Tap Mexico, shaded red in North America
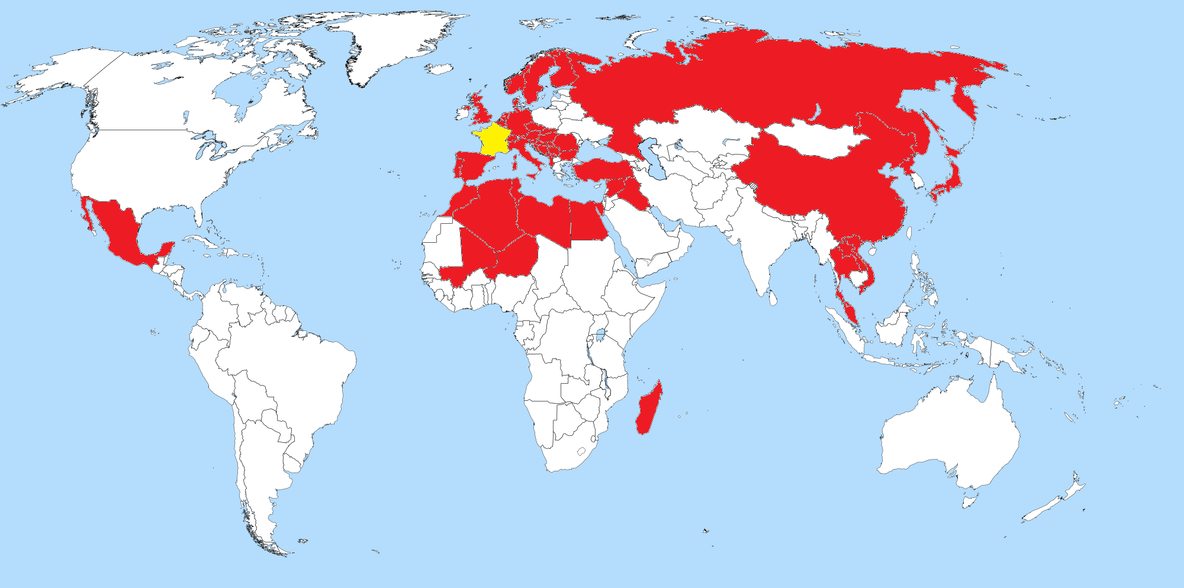[118, 231]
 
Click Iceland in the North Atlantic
[439, 69]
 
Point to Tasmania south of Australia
[969, 502]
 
